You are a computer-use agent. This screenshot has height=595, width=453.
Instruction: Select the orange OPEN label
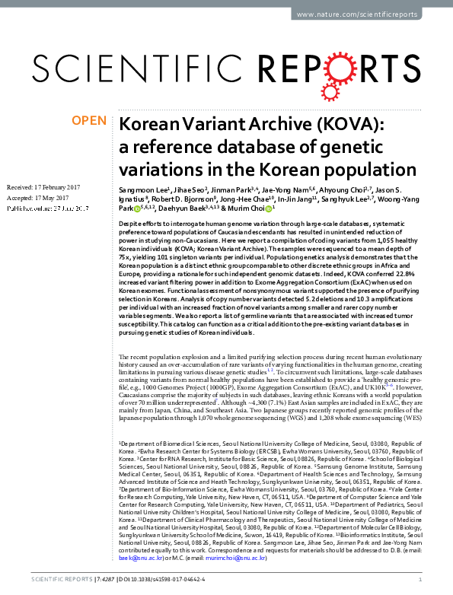tap(88, 121)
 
